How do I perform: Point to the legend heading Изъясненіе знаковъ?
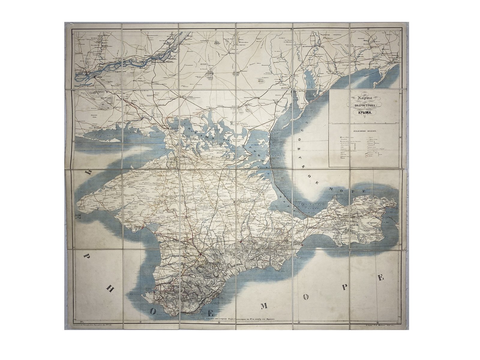[x=364, y=131]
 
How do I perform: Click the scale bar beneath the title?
[x=364, y=123]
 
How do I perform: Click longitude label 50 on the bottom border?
[x=79, y=322]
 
